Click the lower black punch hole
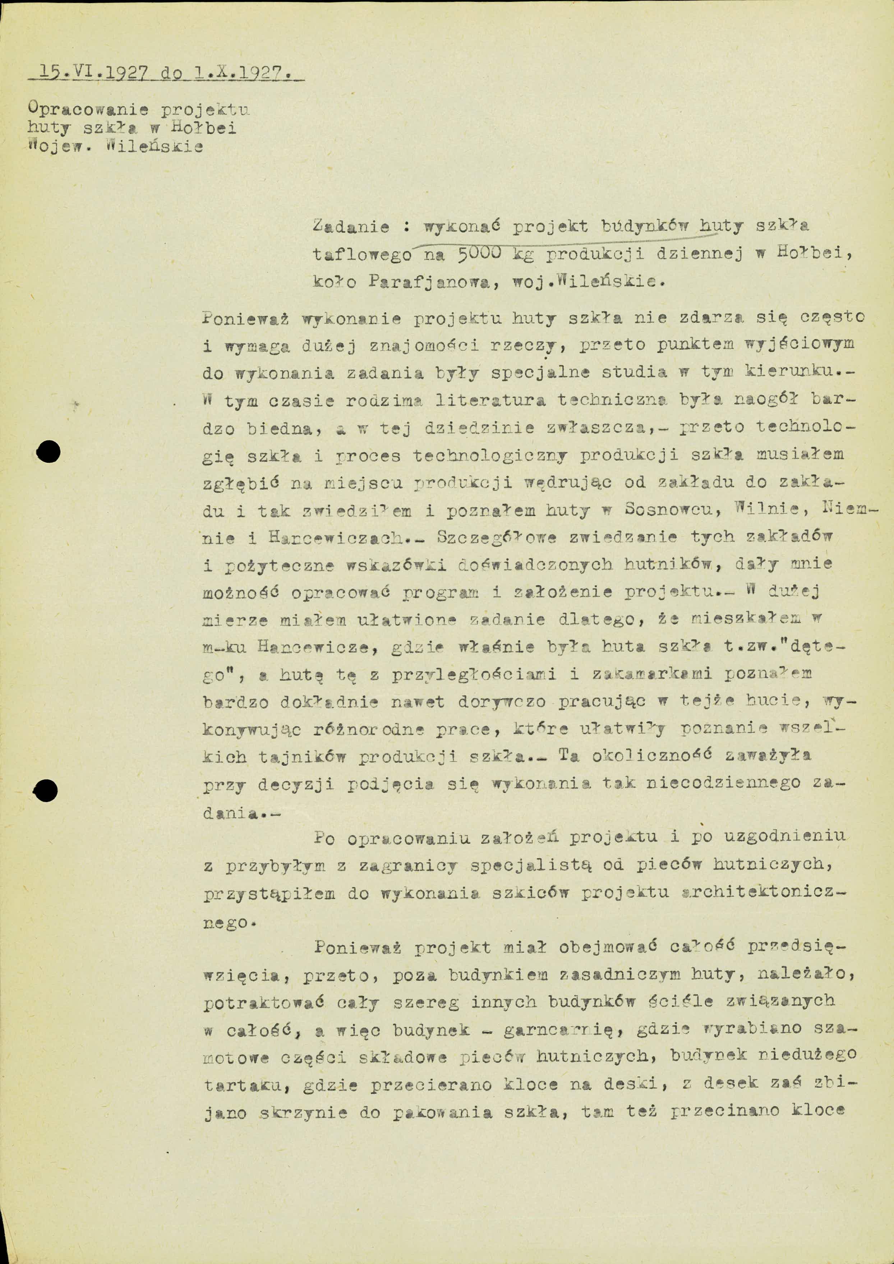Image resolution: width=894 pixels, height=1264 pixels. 46,792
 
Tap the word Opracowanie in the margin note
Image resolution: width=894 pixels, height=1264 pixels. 88,109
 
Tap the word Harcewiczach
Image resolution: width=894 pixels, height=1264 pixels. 336,538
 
